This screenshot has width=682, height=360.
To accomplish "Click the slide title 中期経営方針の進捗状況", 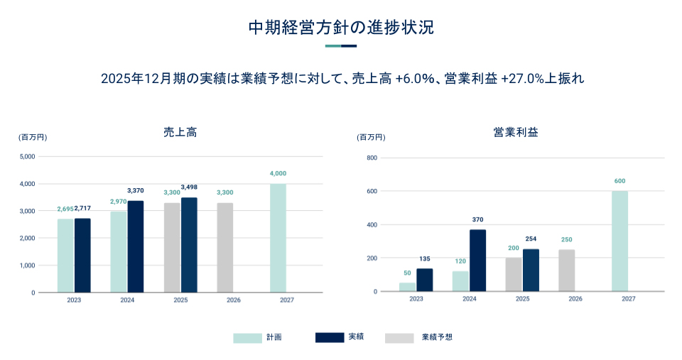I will coord(340,28).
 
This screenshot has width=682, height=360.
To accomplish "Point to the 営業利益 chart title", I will coord(515,132).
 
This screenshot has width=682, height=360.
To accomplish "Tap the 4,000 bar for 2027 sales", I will coord(278,238).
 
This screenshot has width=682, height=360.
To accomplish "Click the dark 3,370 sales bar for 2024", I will coord(136,246).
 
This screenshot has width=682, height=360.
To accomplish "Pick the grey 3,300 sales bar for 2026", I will coord(225,247).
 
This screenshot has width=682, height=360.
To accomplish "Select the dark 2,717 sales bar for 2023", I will coord(82,255).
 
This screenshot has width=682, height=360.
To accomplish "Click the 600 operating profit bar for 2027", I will coord(619,241).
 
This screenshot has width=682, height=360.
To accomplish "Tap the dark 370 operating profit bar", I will coord(478,260).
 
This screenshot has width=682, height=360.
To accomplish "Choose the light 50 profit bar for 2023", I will coord(407,287).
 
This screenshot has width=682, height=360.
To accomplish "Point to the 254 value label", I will coord(531,239).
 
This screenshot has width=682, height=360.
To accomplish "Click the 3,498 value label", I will coord(189,187).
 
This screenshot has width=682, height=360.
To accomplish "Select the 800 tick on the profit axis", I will coord(371,158).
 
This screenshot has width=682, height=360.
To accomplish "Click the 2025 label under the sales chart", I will coord(180,300).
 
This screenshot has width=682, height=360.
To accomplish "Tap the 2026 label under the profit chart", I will coord(575,299).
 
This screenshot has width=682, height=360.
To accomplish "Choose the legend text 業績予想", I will coord(437,337).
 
